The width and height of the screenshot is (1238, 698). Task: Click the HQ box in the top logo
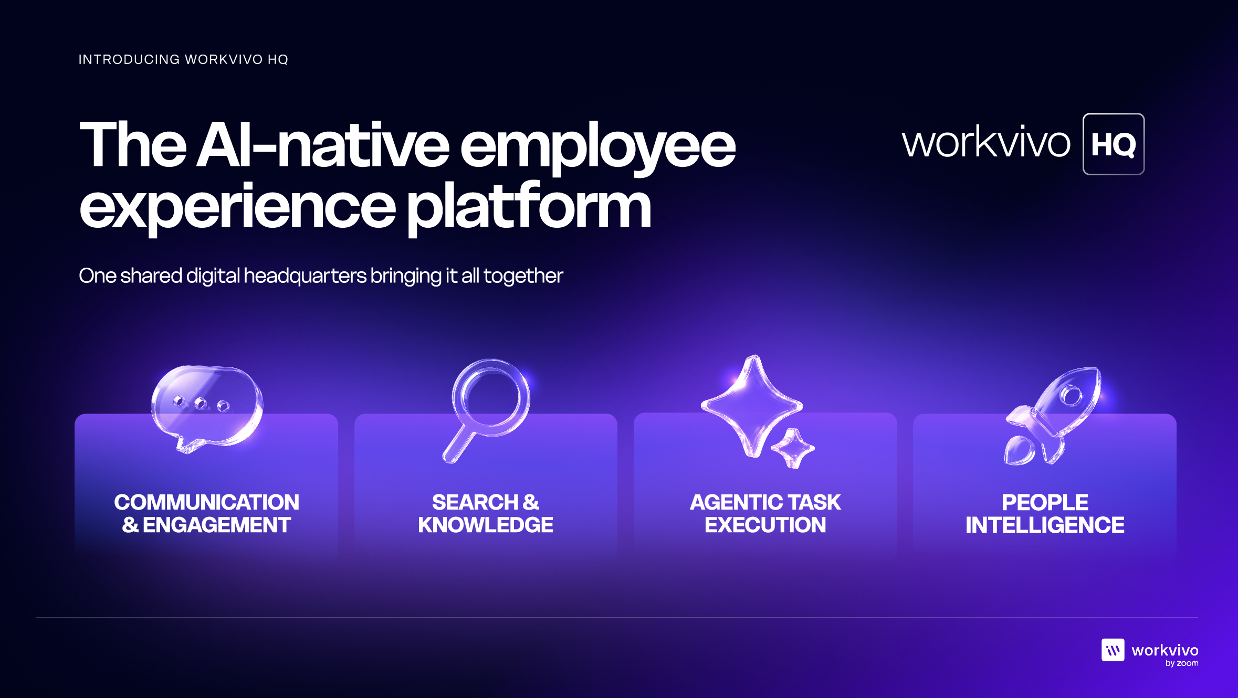click(1114, 144)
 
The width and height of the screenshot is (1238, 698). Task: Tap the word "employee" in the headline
click(598, 147)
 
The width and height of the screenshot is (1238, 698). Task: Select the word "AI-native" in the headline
click(323, 144)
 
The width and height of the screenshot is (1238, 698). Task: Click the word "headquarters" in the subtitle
click(305, 276)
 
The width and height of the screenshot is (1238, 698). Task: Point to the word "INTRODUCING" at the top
click(129, 59)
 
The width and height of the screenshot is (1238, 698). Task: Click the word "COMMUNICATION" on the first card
click(206, 502)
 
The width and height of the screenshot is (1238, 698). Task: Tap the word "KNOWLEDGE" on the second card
click(486, 525)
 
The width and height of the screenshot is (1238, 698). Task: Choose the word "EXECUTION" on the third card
click(765, 525)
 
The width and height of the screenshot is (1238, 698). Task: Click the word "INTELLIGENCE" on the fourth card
click(1045, 525)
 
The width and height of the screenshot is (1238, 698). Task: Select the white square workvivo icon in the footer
click(1113, 650)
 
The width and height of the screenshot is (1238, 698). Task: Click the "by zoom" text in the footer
click(1182, 663)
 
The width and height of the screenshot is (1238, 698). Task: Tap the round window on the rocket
click(1071, 395)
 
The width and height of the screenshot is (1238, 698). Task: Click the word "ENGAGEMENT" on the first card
click(217, 525)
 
